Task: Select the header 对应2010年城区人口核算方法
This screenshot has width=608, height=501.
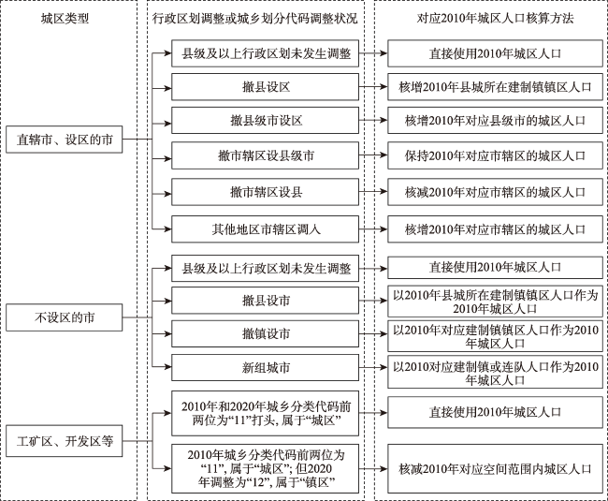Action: pyautogui.click(x=488, y=19)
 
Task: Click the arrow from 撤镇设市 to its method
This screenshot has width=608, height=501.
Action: pyautogui.click(x=373, y=334)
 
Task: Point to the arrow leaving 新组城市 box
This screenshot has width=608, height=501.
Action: pyautogui.click(x=373, y=368)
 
